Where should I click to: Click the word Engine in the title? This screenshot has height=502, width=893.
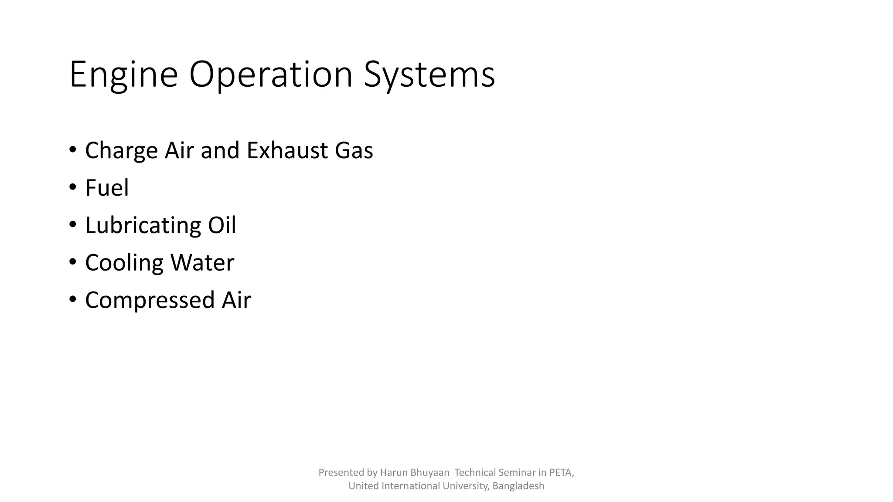click(123, 75)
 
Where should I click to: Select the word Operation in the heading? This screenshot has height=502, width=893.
click(270, 75)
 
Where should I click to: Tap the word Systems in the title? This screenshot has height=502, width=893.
click(429, 75)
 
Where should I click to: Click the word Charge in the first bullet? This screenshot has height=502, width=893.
click(121, 151)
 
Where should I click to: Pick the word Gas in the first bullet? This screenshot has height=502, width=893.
click(354, 151)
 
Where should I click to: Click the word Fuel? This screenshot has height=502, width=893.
click(107, 188)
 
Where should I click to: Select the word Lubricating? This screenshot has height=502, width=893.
click(142, 226)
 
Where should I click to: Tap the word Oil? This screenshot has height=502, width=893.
click(222, 226)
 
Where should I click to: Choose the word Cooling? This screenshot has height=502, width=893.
click(124, 263)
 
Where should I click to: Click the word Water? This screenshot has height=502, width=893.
click(202, 263)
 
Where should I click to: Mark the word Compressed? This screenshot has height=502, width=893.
click(150, 301)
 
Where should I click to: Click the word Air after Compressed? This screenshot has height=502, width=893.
click(236, 301)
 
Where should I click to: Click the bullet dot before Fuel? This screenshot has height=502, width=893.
click(73, 187)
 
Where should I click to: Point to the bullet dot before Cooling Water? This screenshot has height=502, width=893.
click(73, 262)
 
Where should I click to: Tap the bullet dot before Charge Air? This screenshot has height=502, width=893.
click(73, 150)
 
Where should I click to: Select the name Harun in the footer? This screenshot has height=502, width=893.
click(394, 472)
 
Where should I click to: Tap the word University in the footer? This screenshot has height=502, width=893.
click(467, 486)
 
